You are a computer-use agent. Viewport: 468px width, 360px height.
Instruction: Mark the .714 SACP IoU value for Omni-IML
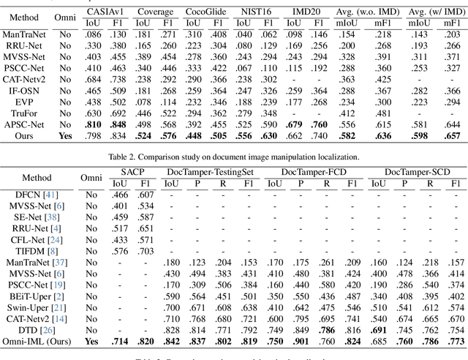[x=120, y=341]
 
